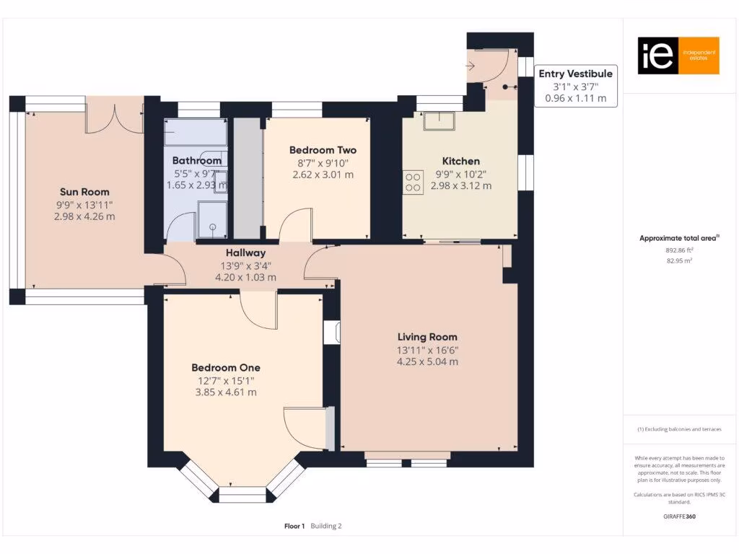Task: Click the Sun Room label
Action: pos(84,192)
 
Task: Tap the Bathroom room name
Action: pos(196,160)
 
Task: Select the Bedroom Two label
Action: pos(323,150)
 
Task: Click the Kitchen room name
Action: pos(460,161)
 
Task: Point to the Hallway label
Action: pos(245,253)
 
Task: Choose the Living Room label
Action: pos(427,337)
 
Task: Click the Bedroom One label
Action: pos(226,367)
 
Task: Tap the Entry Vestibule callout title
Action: pos(575,74)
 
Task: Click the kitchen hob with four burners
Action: pos(414,181)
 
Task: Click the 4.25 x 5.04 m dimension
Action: pos(427,362)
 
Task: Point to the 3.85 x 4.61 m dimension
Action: pos(226,392)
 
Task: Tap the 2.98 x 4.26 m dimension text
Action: pos(84,216)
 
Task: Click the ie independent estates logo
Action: pos(678,56)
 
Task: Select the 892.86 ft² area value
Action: pos(678,250)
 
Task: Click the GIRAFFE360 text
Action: pos(679,516)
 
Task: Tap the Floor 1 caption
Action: pos(294,526)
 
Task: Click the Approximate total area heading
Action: pos(679,238)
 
